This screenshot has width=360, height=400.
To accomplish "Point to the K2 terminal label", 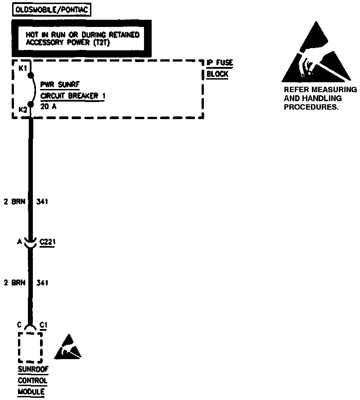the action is click(22, 109).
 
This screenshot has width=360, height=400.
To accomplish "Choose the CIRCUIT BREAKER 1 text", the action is click(73, 96).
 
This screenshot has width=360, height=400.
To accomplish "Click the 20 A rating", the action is click(48, 107).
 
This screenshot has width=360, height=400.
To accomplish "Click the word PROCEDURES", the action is click(310, 108).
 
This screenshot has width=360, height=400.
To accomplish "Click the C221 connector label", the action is click(47, 242).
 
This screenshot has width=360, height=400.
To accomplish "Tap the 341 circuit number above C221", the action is click(42, 202).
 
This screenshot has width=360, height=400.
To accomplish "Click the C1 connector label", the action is click(44, 324).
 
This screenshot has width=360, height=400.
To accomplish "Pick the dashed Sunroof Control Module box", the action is click(30, 347).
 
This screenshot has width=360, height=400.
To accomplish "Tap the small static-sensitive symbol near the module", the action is click(68, 347).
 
